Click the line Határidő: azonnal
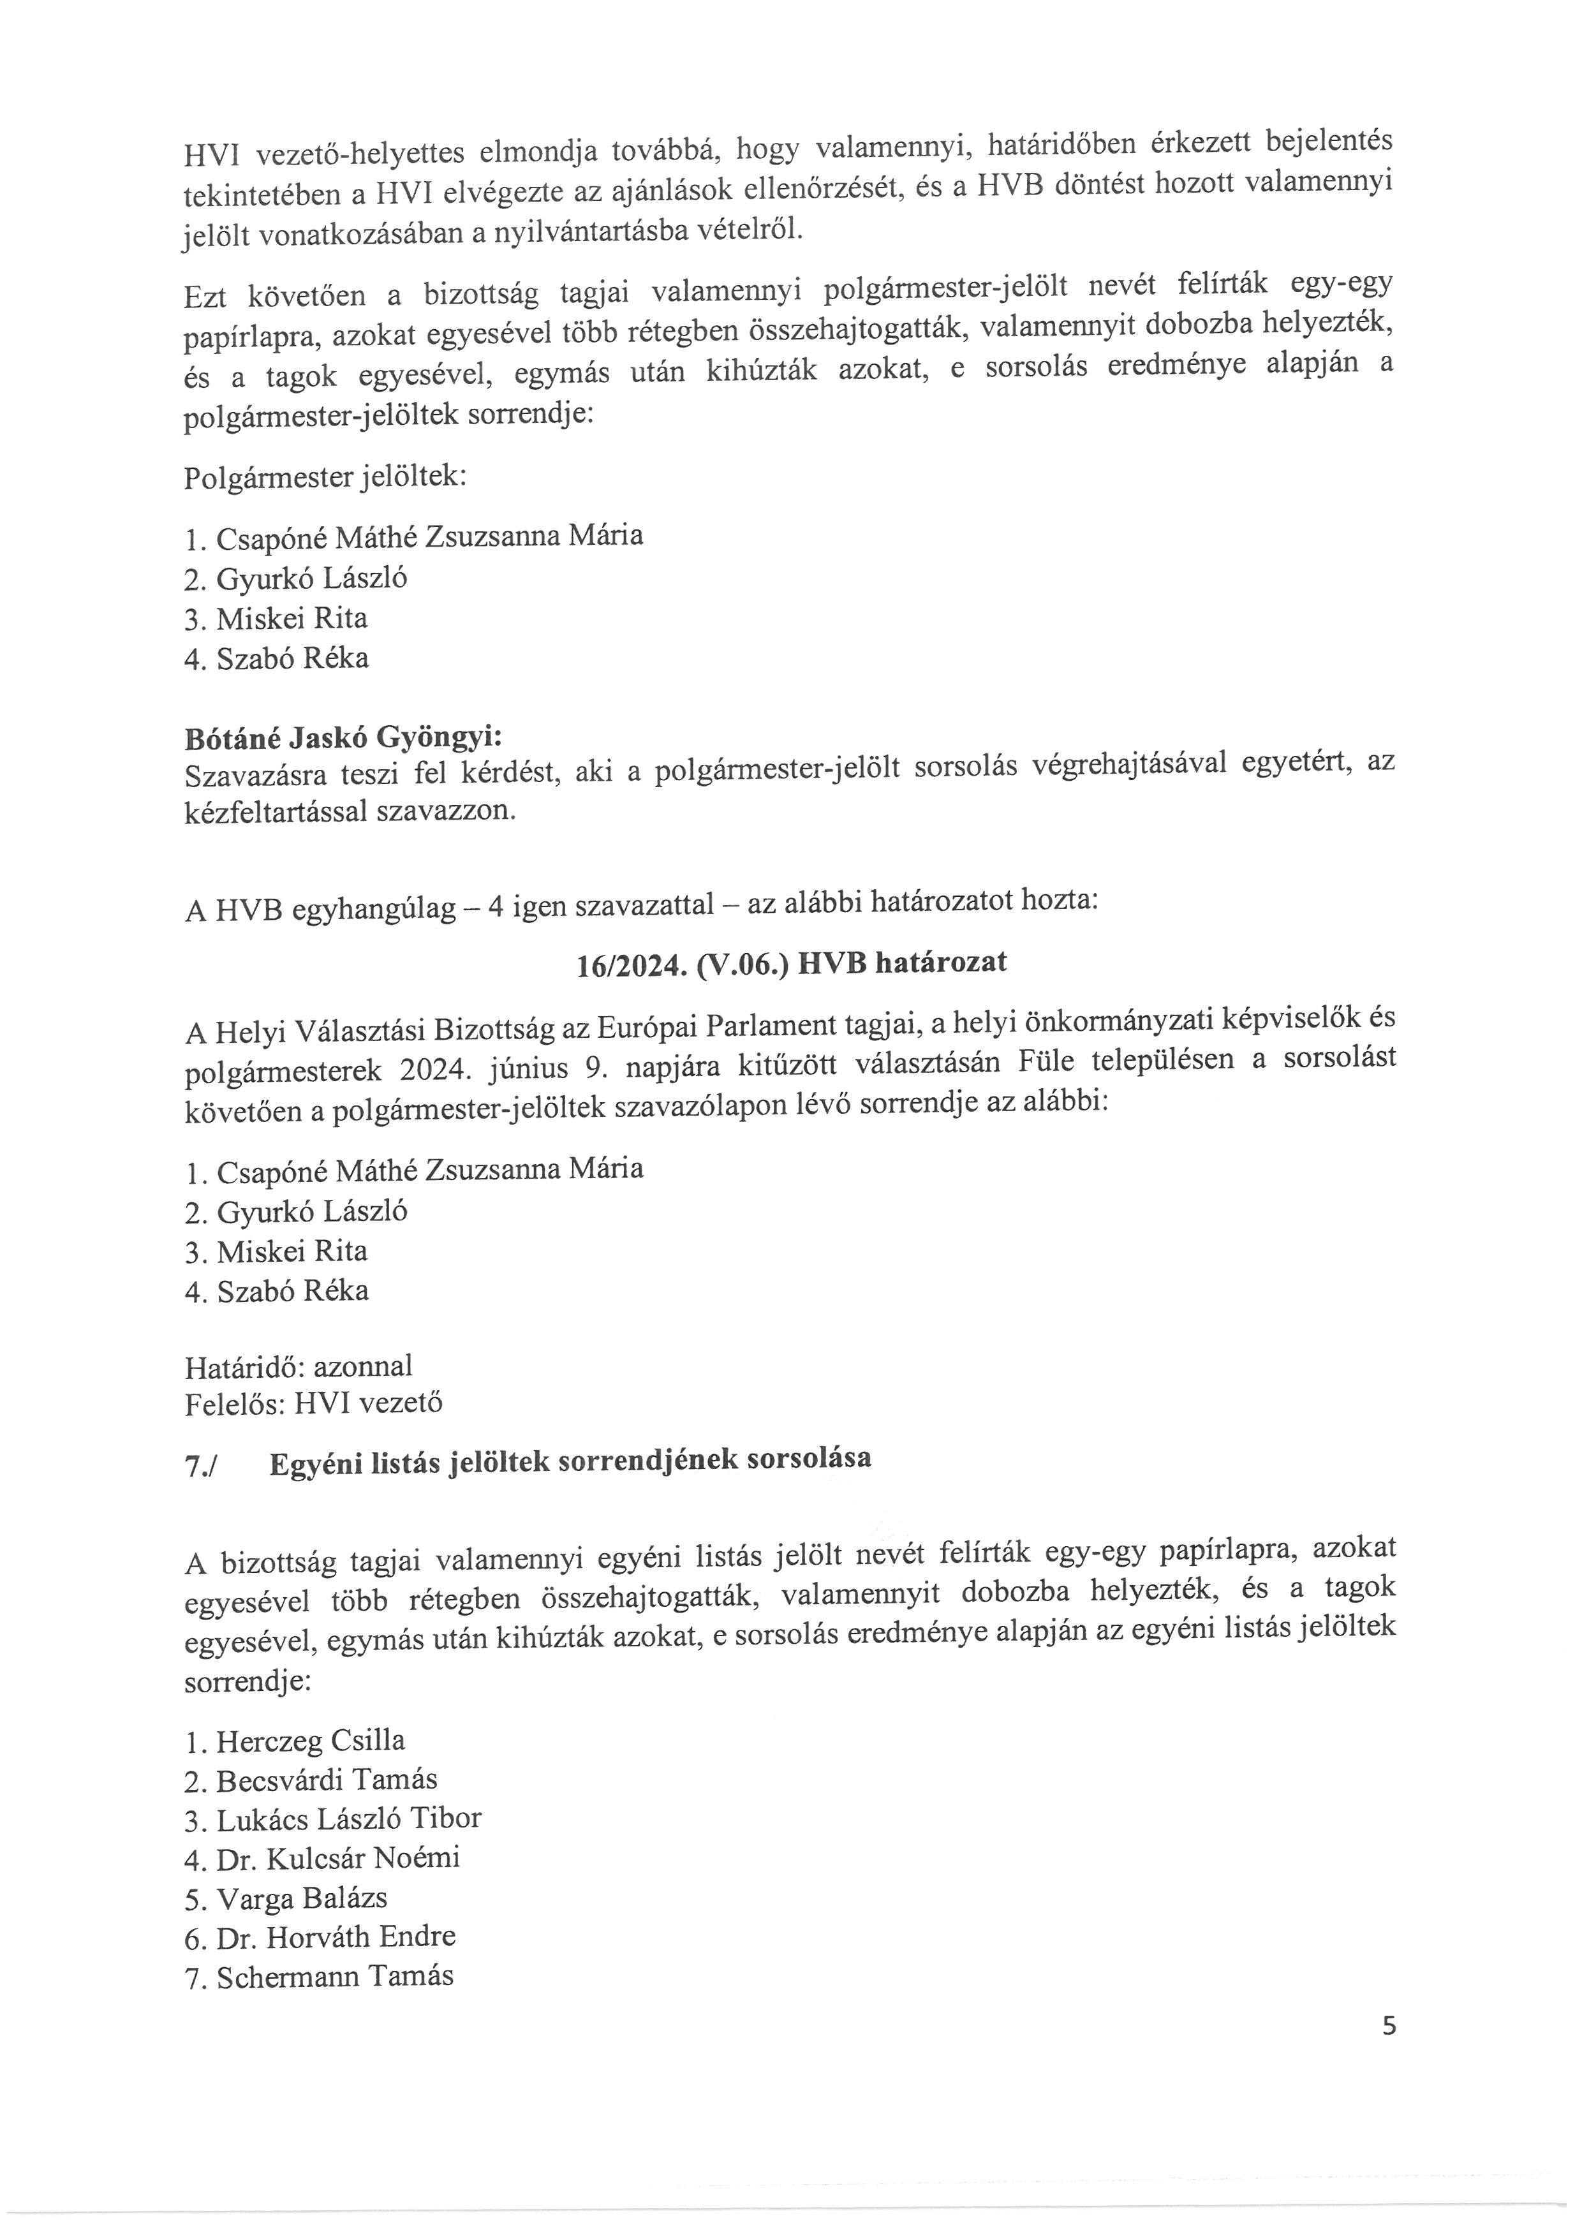click(298, 1365)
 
